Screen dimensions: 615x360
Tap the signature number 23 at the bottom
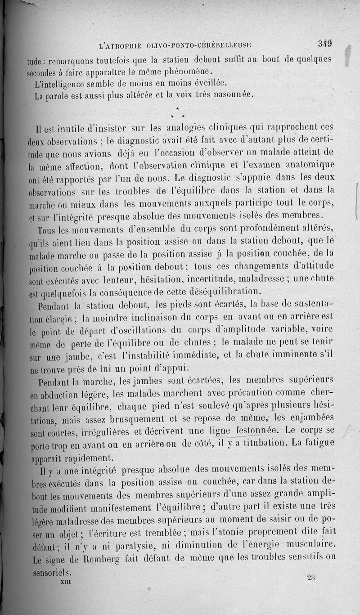point(311,578)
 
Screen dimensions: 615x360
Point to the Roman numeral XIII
point(66,581)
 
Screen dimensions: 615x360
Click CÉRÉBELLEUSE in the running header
point(217,45)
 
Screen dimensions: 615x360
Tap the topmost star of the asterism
point(177,108)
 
